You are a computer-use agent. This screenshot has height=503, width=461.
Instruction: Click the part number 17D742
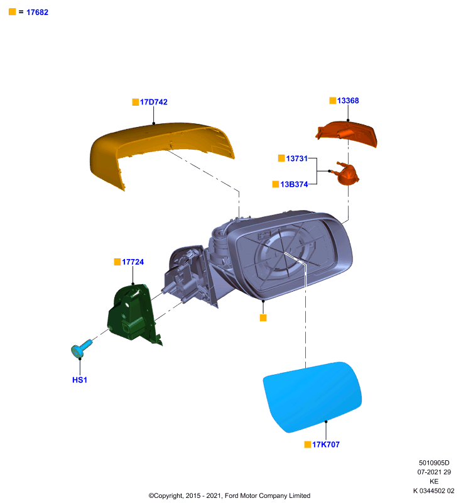(x=154, y=102)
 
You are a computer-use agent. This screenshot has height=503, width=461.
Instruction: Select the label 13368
(x=348, y=101)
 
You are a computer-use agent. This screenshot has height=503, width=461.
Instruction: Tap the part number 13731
(x=296, y=158)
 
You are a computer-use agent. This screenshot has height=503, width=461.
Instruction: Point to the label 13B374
(x=294, y=184)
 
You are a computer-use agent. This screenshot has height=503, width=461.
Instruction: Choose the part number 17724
(x=133, y=262)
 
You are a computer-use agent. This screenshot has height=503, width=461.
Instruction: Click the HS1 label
(x=80, y=380)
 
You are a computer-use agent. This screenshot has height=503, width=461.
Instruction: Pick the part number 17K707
(x=326, y=445)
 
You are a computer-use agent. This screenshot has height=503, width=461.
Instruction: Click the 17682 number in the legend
(x=38, y=13)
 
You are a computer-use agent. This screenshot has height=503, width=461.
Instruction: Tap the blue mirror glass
(x=312, y=397)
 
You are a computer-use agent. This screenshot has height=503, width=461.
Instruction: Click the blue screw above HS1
(x=82, y=348)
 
